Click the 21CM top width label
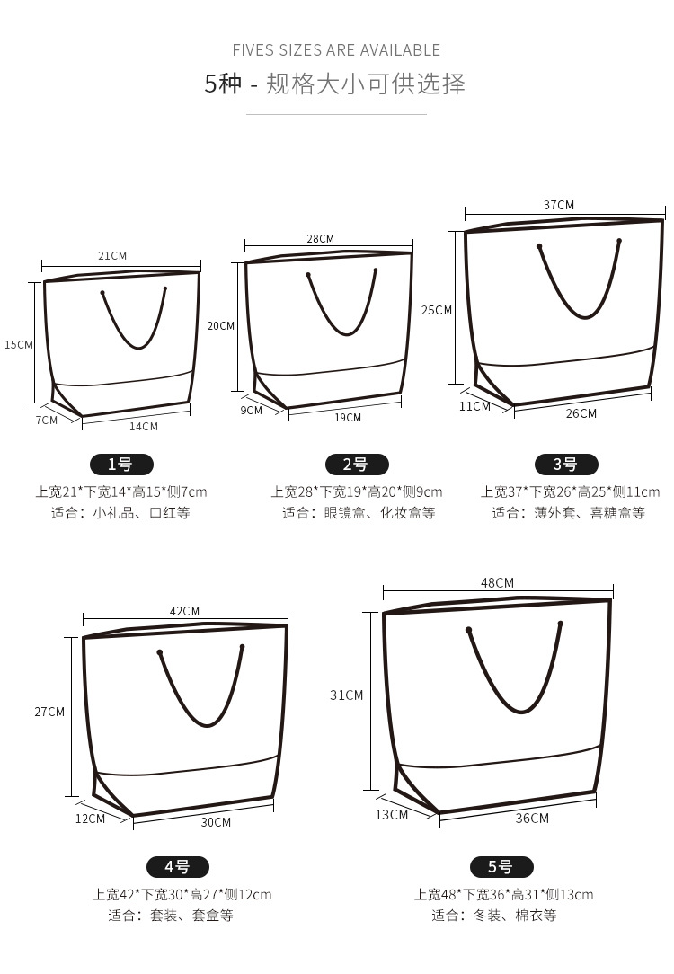point(112,255)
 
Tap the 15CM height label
point(19,345)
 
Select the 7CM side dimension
point(47,420)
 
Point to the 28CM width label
point(321,238)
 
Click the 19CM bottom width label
point(348,418)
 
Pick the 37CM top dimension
point(559,205)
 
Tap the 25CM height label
point(437,310)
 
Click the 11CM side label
point(474,406)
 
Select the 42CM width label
point(184,611)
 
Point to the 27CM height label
point(49,712)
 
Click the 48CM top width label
point(498,582)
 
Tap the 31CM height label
point(347,695)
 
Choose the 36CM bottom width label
point(532,818)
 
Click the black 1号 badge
point(121,464)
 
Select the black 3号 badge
point(566,464)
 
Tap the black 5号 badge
point(502,866)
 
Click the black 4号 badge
point(178,866)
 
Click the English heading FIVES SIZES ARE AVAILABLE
point(336,50)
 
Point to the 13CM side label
point(391,814)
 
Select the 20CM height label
point(221,325)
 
